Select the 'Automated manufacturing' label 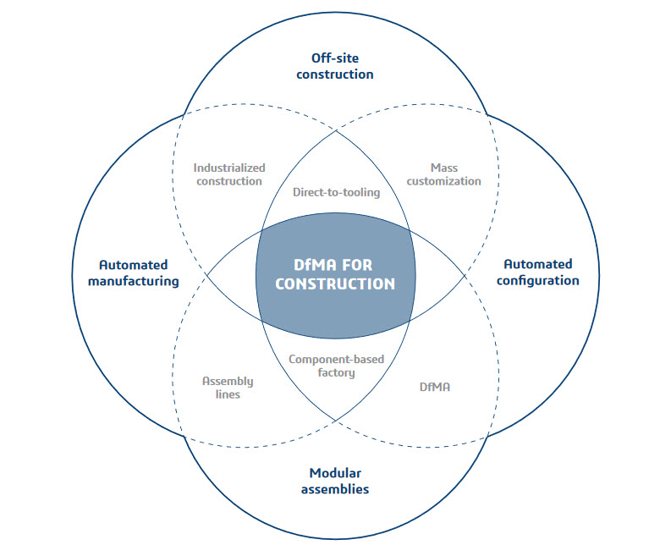[133, 272]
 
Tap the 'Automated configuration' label [537, 272]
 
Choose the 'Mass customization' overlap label [443, 174]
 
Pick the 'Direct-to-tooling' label [336, 192]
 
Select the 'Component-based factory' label [336, 366]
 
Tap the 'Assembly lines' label [227, 388]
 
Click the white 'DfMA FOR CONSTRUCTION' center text [335, 272]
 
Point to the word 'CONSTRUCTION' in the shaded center [335, 284]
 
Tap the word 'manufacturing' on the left [133, 281]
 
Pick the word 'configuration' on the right [537, 280]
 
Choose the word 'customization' [443, 181]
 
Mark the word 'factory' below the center [336, 372]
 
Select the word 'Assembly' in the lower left [227, 381]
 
